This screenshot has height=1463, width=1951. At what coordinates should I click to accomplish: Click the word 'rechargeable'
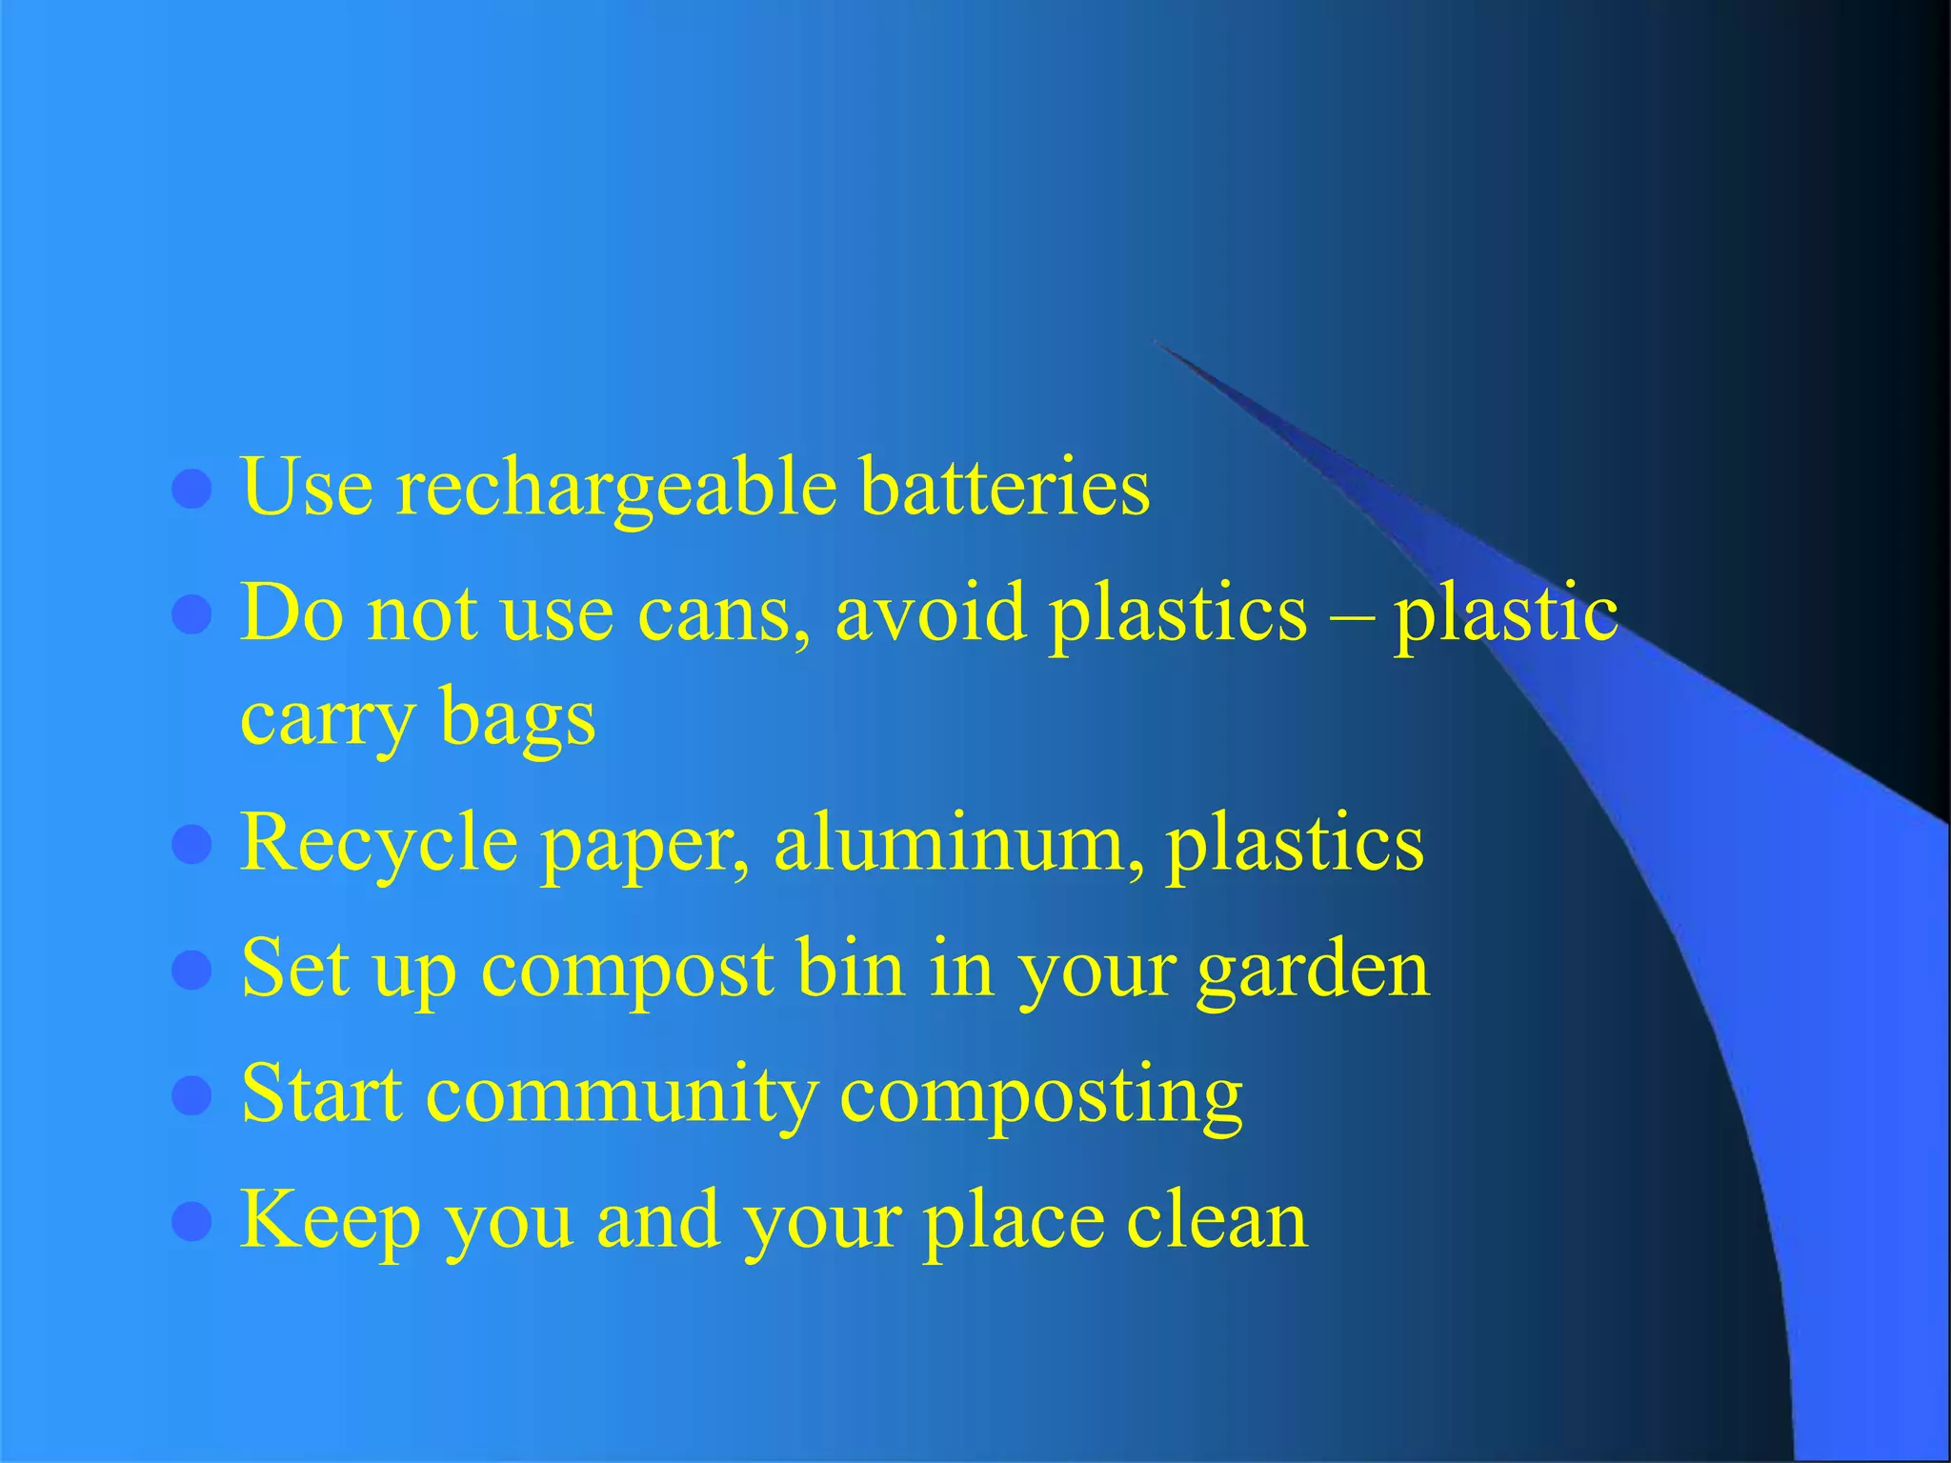tap(616, 489)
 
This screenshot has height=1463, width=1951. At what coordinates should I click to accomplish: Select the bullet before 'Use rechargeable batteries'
tap(191, 491)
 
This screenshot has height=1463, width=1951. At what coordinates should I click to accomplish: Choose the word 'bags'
tap(517, 719)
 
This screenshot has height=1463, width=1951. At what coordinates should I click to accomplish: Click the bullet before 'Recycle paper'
tap(191, 845)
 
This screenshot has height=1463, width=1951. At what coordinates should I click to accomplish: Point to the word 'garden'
tap(1313, 971)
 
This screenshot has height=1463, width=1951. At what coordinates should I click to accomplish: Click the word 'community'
tap(621, 1096)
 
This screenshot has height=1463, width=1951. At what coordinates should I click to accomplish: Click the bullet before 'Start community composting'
tap(191, 1095)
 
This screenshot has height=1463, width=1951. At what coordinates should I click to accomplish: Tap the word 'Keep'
tap(331, 1222)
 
